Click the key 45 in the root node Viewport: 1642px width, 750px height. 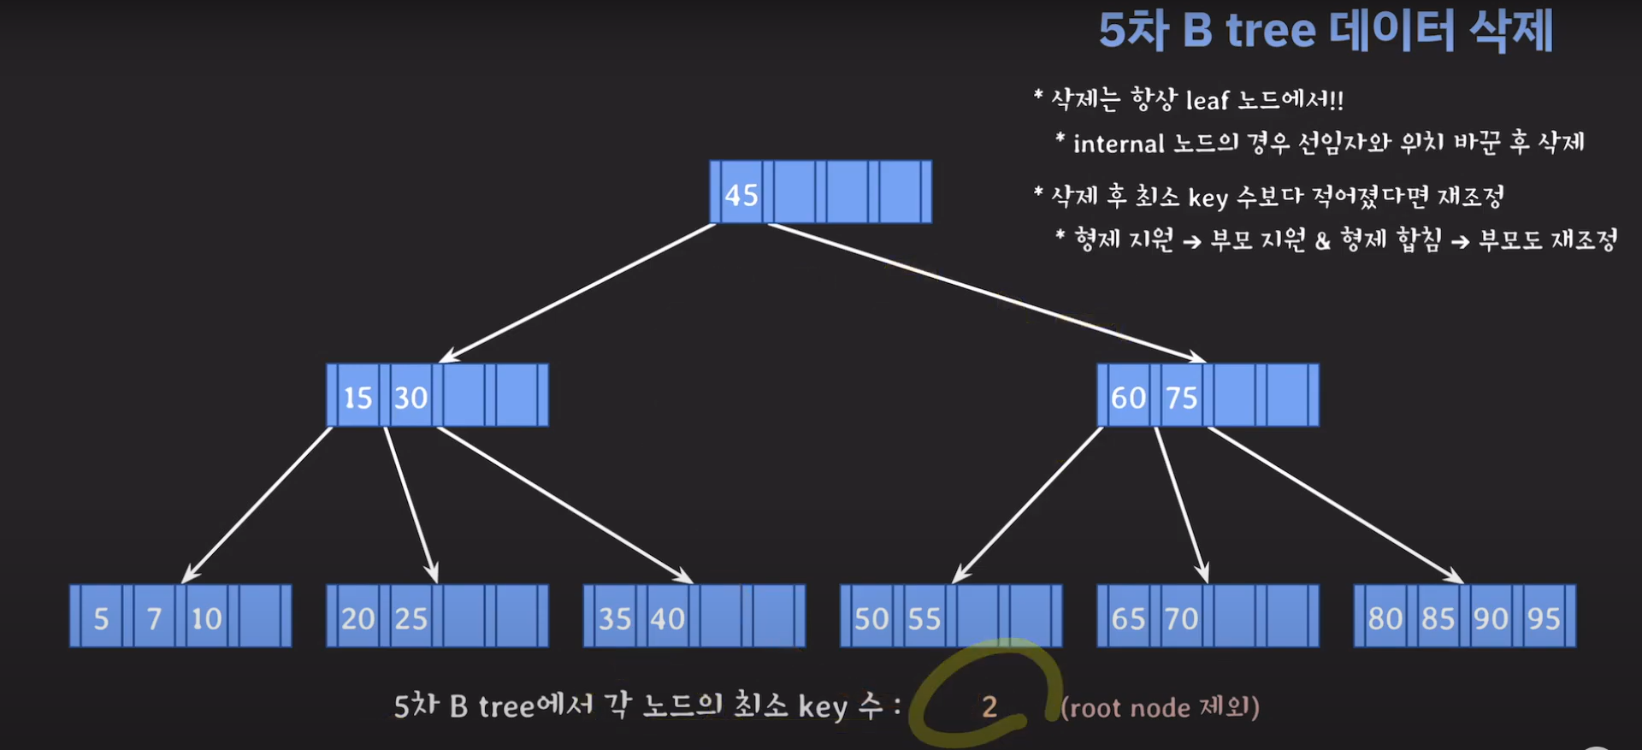point(741,194)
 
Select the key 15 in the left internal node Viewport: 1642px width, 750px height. point(357,398)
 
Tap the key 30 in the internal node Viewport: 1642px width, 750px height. point(410,398)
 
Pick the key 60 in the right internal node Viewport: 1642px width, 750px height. point(1128,398)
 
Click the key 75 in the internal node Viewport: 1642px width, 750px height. point(1181,398)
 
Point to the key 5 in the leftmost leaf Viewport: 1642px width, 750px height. point(101,618)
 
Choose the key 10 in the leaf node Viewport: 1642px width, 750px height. point(206,618)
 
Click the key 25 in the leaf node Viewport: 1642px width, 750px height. point(410,618)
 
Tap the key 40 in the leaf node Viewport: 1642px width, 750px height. point(667,618)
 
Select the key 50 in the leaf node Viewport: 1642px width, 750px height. point(871,618)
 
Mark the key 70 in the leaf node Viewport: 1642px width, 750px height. point(1181,618)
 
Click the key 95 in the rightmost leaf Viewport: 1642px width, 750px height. point(1544,618)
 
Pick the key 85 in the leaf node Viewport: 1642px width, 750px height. point(1438,618)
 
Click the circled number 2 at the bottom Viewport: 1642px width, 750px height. point(989,706)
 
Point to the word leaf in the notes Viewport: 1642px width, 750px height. point(1207,101)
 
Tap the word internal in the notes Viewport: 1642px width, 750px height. point(1119,144)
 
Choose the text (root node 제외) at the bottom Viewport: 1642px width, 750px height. point(1160,707)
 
